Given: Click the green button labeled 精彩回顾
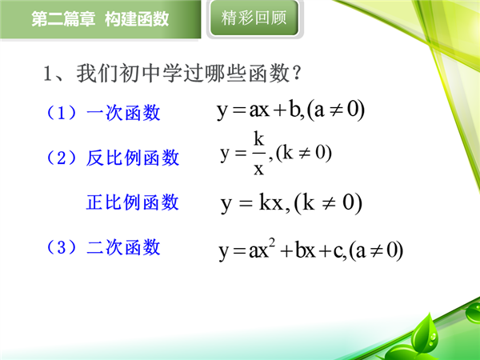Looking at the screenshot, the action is point(254,18).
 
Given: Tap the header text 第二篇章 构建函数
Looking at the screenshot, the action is point(100,19).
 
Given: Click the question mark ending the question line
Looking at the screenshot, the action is point(296,73).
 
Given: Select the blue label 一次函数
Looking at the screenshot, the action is point(123,112).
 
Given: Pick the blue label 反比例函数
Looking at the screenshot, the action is point(133,158).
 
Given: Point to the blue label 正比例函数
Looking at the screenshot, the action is point(133,202).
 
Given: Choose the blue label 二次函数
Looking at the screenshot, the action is point(123,247).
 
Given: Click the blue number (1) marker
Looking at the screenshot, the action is point(62,113).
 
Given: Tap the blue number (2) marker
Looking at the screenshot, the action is point(62,158).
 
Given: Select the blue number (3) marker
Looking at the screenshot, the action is point(62,247).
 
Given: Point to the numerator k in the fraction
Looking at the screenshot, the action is point(258,138).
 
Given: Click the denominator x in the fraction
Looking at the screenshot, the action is point(258,168).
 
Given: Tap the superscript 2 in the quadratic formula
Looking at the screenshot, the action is point(272,243).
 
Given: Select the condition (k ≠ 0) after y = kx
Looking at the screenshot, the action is point(328,203).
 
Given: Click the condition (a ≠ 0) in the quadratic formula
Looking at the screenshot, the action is point(376,250).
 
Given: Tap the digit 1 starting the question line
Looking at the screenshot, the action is point(47,73).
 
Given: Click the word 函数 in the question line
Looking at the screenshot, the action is point(269,73).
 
